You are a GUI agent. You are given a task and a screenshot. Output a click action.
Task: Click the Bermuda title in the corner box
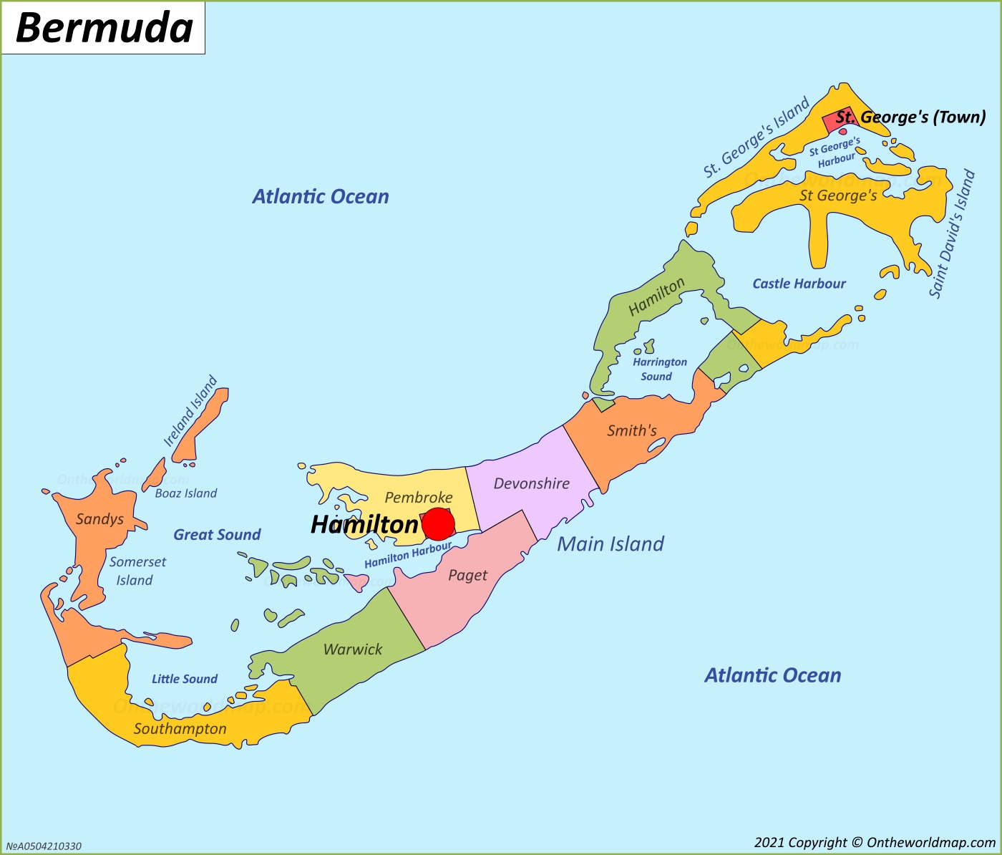(104, 29)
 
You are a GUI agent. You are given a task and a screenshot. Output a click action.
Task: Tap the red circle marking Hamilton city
(438, 524)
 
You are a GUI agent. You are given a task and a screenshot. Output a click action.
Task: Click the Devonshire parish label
(531, 483)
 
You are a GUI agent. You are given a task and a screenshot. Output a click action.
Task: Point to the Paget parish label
(467, 575)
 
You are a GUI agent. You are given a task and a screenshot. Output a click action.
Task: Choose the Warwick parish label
(353, 649)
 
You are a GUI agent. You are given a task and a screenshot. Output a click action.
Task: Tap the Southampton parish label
(180, 729)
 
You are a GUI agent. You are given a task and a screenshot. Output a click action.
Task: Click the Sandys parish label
(99, 519)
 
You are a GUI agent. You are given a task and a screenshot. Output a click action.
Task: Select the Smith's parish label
(631, 430)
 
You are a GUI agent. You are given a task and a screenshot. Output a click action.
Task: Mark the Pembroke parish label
(419, 497)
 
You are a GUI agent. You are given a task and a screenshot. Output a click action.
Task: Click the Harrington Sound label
(659, 369)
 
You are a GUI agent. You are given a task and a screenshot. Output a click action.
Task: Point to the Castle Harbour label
(799, 284)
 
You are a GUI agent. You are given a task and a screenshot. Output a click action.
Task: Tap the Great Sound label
(217, 534)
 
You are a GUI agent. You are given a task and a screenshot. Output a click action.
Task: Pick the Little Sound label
(184, 679)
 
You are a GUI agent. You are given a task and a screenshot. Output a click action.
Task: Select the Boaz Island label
(185, 493)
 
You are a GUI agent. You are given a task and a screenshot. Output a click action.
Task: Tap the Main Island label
(611, 544)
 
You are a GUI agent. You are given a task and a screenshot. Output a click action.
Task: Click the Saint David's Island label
(952, 233)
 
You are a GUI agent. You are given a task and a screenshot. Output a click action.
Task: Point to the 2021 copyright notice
(874, 843)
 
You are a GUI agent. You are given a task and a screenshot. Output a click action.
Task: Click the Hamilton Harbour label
(408, 555)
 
